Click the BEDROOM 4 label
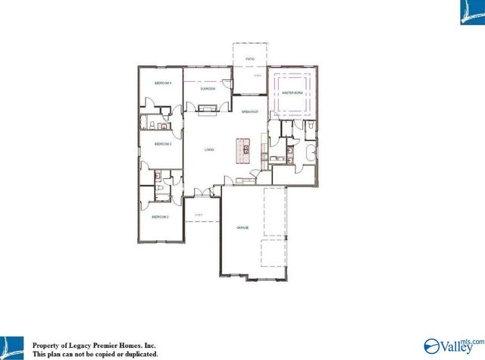click(x=163, y=83)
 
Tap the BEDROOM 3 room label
click(x=163, y=143)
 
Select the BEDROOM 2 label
click(x=160, y=217)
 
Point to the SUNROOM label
click(x=208, y=89)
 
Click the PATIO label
click(x=249, y=58)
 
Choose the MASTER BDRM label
click(x=292, y=92)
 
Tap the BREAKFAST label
click(x=250, y=111)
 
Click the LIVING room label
click(x=209, y=149)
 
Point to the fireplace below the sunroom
click(x=207, y=109)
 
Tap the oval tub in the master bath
click(x=309, y=155)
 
